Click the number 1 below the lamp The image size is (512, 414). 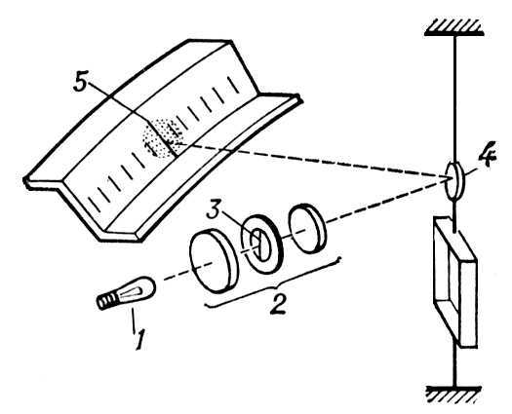pos(139,340)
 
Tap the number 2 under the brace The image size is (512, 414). pos(278,303)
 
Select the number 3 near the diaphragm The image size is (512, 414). pos(216,212)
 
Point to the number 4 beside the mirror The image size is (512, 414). pos(487,154)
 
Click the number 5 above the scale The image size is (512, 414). pos(80,85)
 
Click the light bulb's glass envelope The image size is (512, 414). pos(138,289)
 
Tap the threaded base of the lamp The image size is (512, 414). pos(106,299)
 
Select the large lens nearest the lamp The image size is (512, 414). pos(214,260)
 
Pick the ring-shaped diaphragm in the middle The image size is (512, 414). pos(260,244)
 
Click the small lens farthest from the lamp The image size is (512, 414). pos(306,228)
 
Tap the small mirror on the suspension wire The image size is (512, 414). pos(454,180)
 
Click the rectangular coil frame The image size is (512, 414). pos(454,282)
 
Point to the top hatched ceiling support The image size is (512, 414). pos(454,27)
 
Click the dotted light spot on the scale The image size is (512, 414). pos(161,138)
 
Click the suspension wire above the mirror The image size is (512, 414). pos(454,97)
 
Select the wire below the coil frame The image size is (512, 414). pos(454,366)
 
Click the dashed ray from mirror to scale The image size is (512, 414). pos(313,161)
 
